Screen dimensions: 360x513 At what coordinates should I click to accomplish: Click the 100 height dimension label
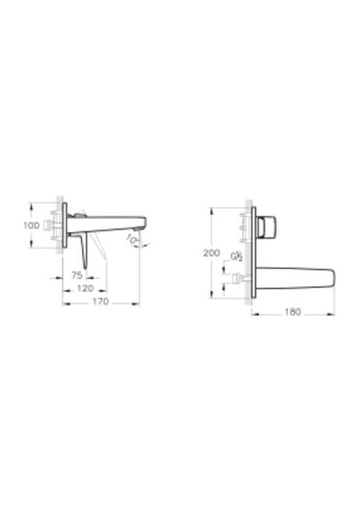31,225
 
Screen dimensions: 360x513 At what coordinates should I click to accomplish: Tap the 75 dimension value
76,275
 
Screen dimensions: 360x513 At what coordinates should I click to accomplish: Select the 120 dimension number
85,289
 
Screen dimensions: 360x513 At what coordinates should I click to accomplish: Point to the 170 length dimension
100,301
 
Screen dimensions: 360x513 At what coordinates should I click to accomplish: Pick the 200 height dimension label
211,253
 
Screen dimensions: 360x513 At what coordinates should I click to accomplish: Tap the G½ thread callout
237,256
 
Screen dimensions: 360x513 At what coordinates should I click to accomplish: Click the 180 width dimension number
292,311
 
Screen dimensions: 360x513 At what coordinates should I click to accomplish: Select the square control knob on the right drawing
266,227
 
